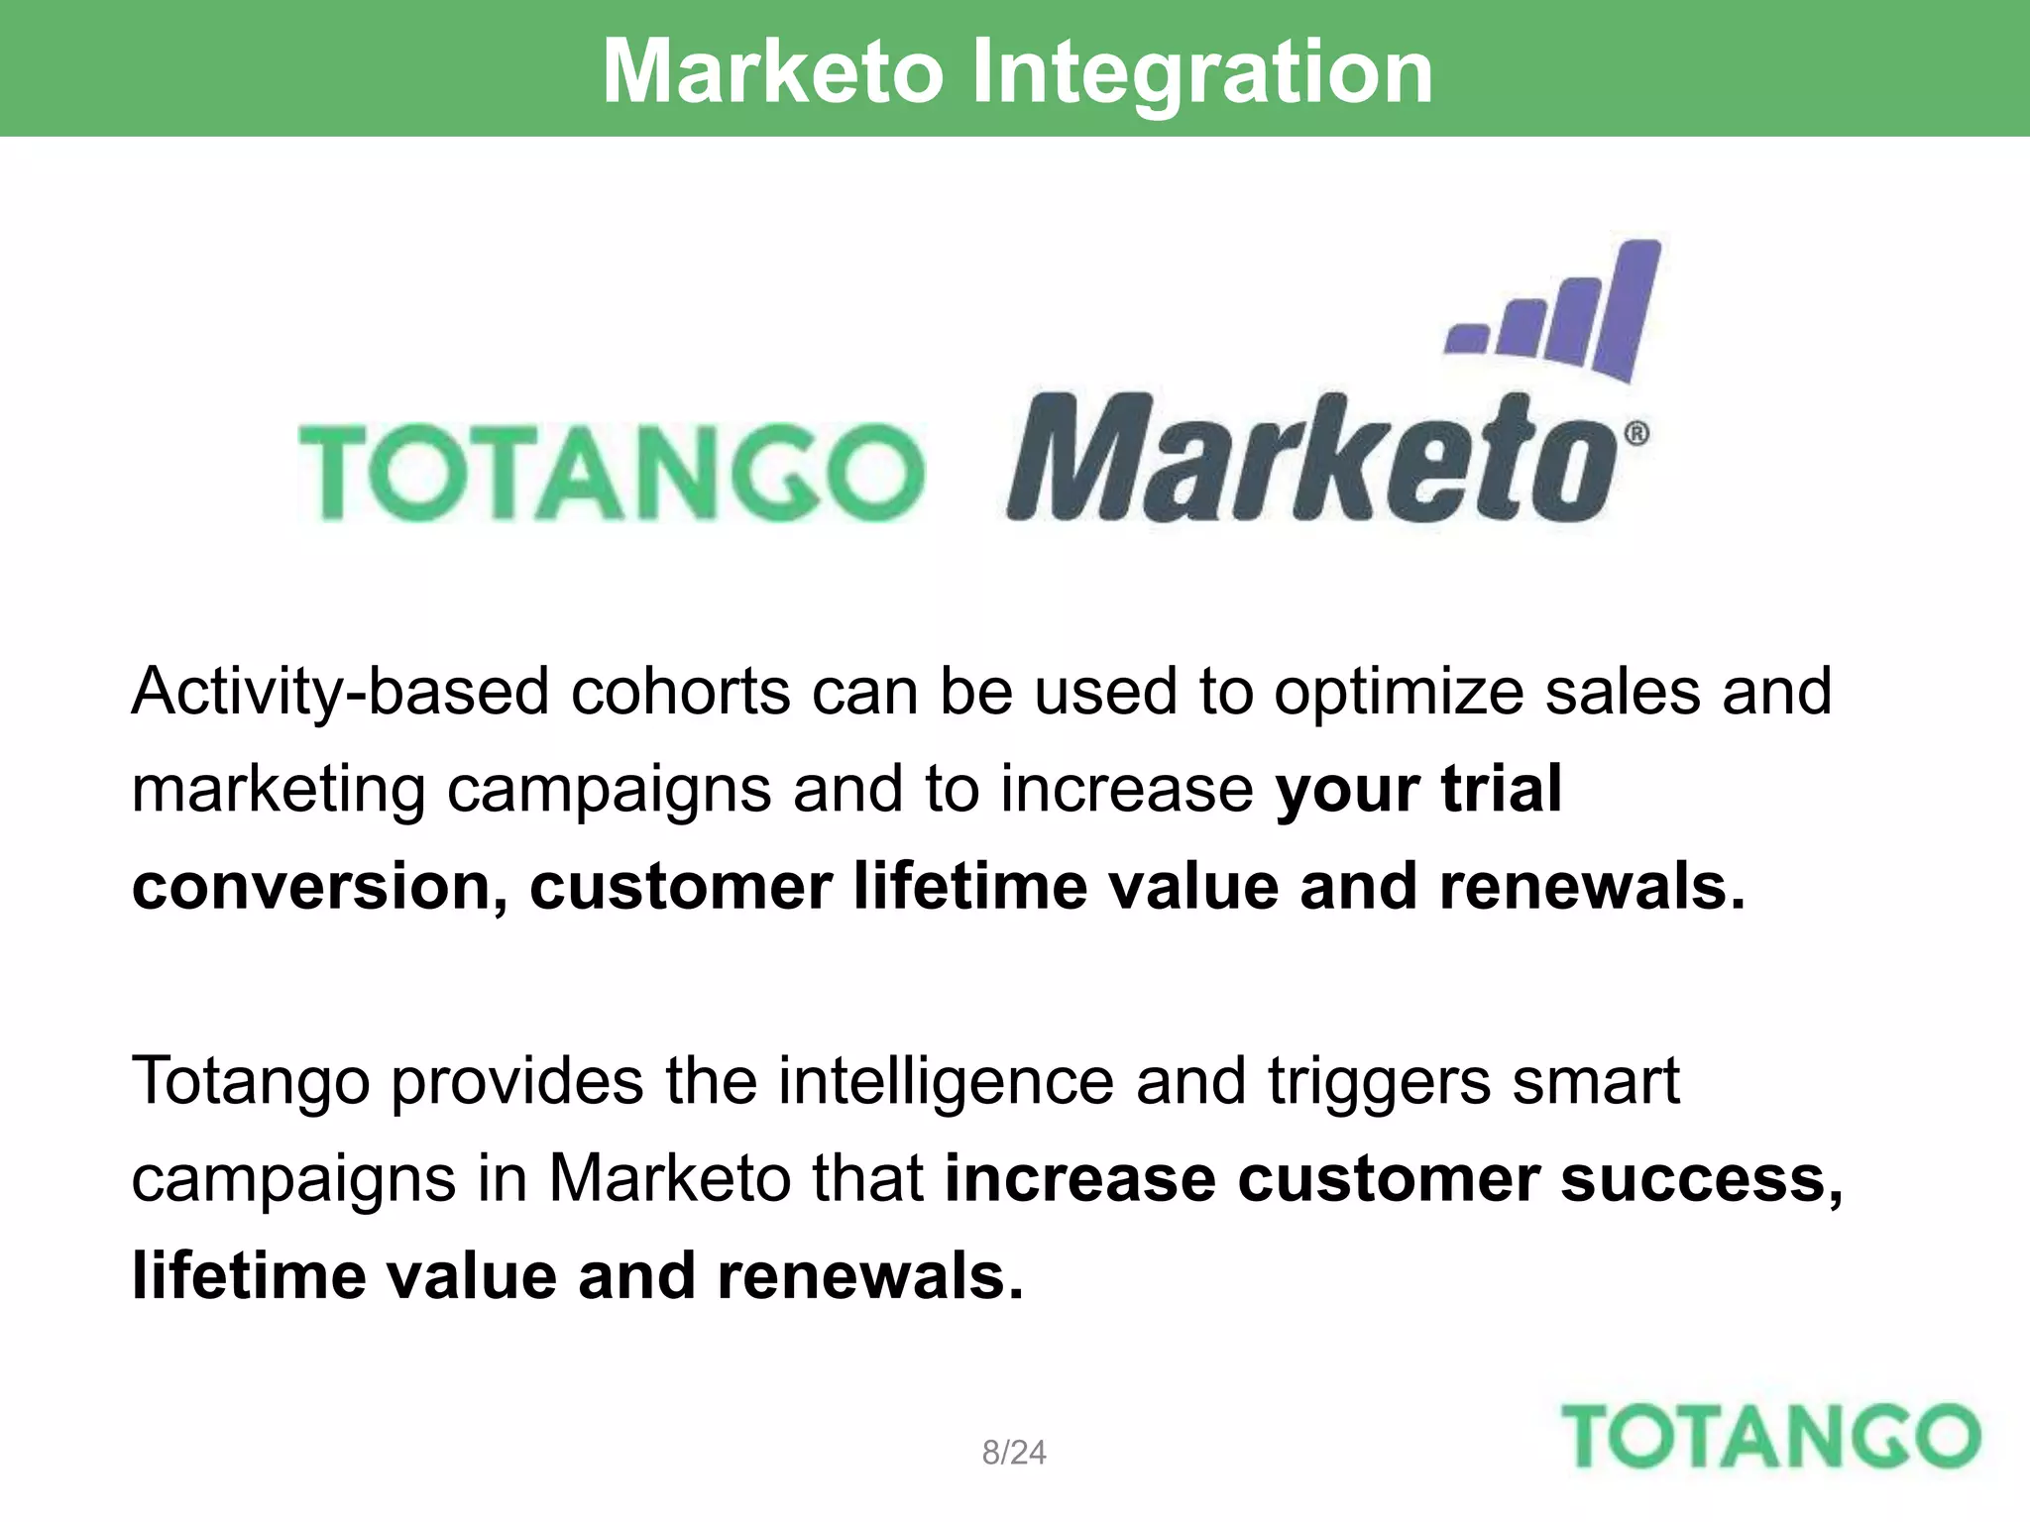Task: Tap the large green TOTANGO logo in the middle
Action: coord(612,472)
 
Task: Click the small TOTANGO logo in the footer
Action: coord(1770,1436)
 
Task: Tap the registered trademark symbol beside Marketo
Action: coord(1636,434)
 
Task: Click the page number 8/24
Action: coord(1013,1453)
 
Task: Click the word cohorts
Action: coord(680,692)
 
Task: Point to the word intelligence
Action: coord(946,1081)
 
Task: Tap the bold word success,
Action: coord(1702,1179)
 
